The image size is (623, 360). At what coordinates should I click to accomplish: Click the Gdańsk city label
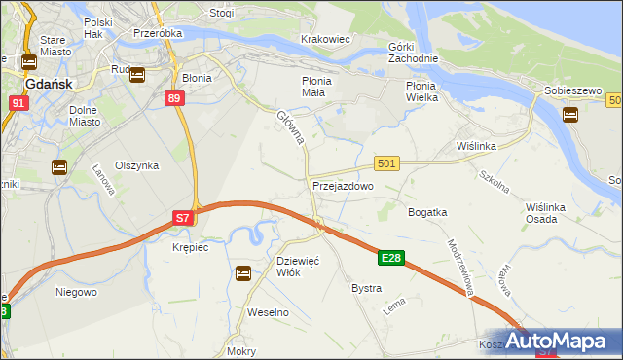pyautogui.click(x=46, y=85)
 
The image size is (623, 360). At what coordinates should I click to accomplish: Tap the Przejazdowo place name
pyautogui.click(x=343, y=185)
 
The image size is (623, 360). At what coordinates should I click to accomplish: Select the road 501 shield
pyautogui.click(x=386, y=164)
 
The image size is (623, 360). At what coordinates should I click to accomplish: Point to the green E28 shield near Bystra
pyautogui.click(x=391, y=258)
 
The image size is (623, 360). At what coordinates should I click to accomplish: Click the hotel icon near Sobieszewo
pyautogui.click(x=570, y=114)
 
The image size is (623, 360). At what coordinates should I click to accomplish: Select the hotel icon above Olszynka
pyautogui.click(x=59, y=167)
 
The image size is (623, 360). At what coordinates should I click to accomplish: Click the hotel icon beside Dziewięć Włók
pyautogui.click(x=242, y=273)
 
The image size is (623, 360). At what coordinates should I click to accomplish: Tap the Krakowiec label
pyautogui.click(x=325, y=39)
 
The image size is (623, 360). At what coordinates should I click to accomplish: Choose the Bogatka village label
pyautogui.click(x=427, y=212)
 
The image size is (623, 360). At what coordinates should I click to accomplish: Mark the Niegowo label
pyautogui.click(x=75, y=291)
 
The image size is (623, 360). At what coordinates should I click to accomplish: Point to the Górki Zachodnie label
pyautogui.click(x=415, y=53)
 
